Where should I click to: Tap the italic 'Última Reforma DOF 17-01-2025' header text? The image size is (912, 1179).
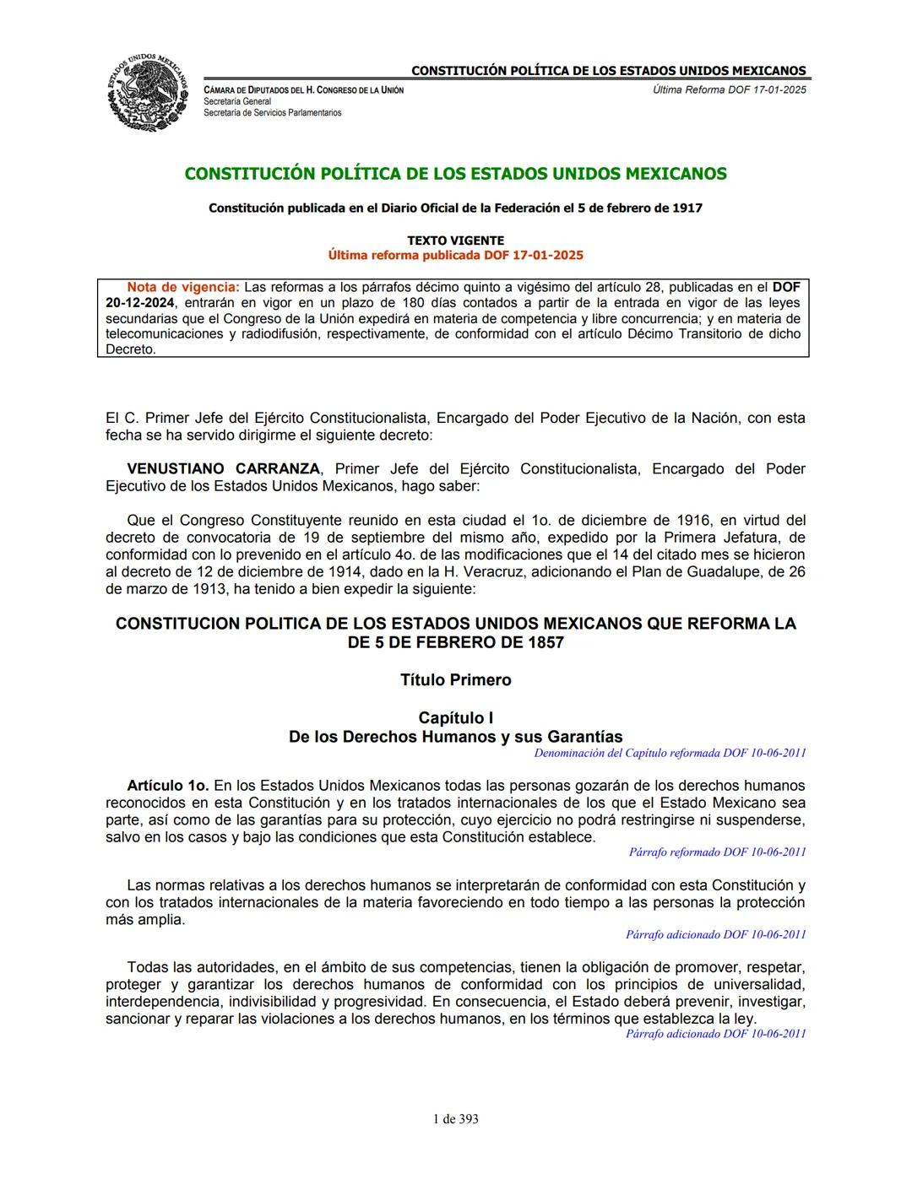coord(729,89)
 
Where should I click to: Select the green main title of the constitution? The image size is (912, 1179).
coord(455,174)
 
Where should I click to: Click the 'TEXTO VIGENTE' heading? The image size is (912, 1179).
coord(455,241)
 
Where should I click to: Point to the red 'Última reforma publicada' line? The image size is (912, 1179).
coord(455,255)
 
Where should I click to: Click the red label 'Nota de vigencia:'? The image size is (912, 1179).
coord(183,287)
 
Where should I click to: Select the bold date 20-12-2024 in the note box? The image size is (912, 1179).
coord(140,303)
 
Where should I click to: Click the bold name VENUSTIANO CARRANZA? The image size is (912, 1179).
coord(224,469)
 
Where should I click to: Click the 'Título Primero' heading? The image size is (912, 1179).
coord(455,680)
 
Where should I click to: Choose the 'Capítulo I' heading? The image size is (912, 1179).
coord(455,718)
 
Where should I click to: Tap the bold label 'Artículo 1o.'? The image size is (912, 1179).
coord(167,786)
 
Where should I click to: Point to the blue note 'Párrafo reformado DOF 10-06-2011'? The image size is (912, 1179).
coord(717,852)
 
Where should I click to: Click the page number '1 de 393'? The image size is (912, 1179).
coord(455,1119)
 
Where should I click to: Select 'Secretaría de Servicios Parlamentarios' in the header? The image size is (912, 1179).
coord(273,112)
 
